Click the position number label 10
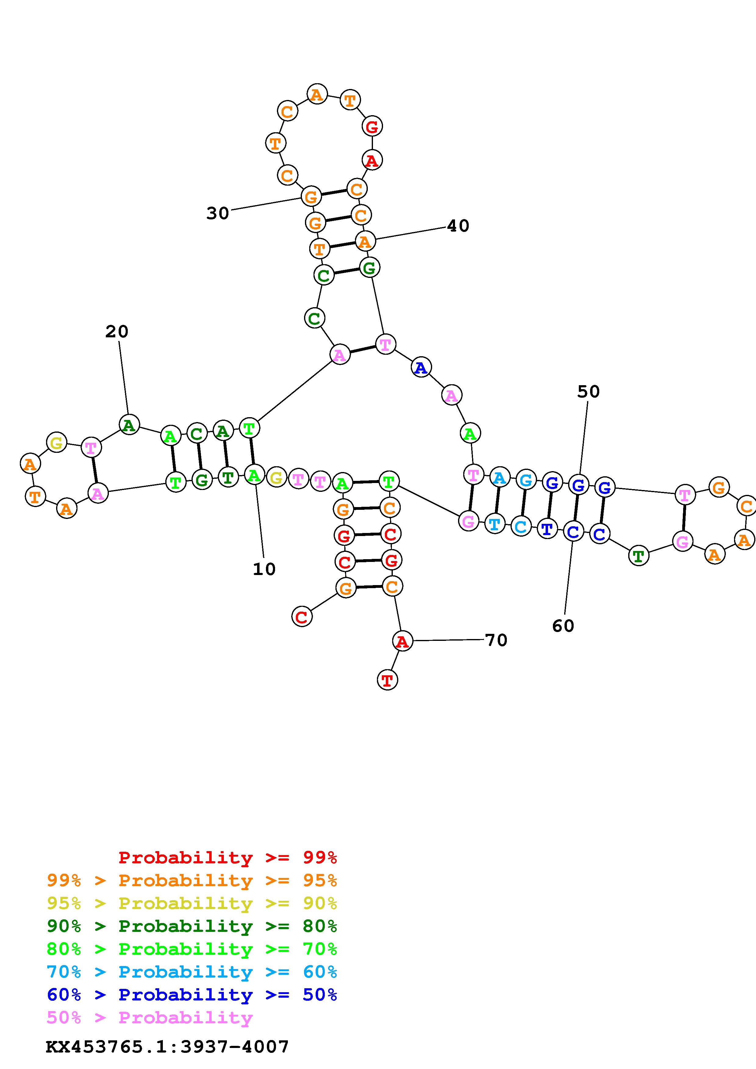point(264,569)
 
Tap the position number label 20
point(116,332)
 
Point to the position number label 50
point(588,392)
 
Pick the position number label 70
point(496,640)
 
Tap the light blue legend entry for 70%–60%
point(192,972)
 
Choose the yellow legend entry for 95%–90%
point(192,903)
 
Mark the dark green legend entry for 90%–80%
point(192,926)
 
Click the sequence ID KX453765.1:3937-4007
point(167,1047)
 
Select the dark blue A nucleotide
point(421,368)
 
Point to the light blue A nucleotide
point(499,478)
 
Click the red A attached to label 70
point(402,641)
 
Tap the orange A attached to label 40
point(365,241)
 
